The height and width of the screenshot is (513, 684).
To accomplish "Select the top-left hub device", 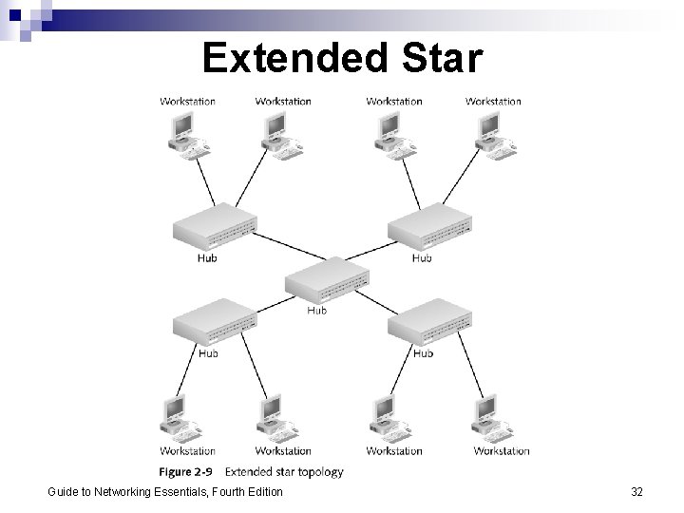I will click(215, 228).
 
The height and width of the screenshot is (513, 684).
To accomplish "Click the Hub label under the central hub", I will click(317, 310).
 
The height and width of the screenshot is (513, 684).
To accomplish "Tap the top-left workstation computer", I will click(184, 131).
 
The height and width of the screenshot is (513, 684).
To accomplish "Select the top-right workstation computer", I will click(491, 131).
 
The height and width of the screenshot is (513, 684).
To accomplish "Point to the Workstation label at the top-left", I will click(187, 101).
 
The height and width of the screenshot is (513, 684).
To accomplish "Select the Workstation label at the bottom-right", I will click(502, 450).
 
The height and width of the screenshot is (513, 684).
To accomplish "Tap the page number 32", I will click(636, 491).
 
